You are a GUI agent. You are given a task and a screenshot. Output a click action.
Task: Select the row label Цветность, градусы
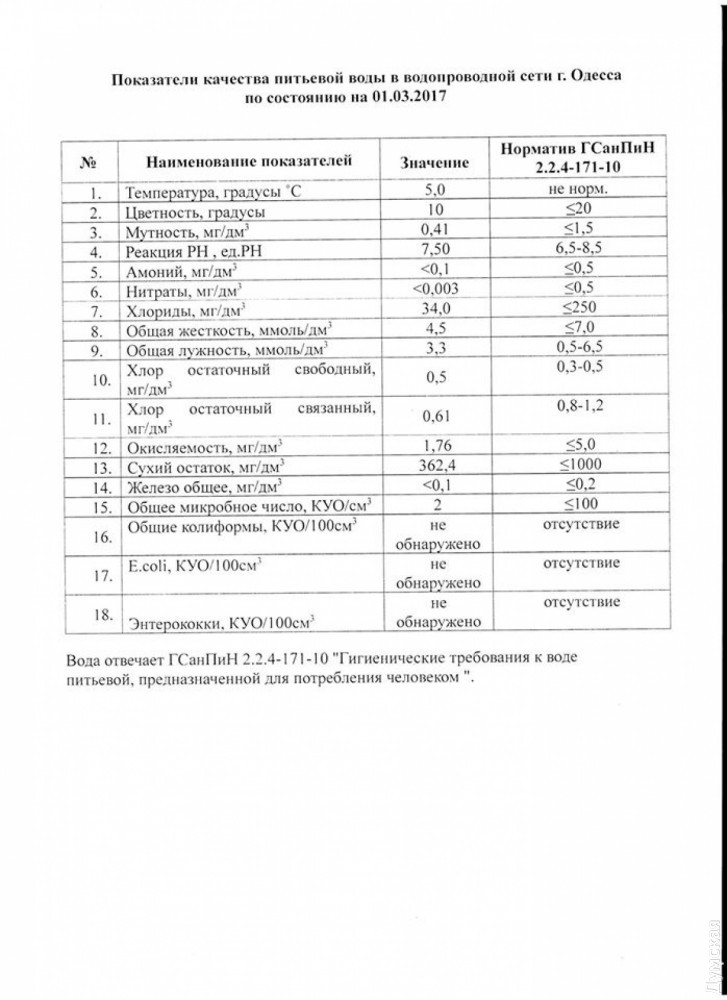(x=194, y=213)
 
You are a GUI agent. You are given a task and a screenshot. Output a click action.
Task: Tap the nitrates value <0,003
(x=434, y=290)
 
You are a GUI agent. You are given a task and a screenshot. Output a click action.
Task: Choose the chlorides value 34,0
(x=434, y=310)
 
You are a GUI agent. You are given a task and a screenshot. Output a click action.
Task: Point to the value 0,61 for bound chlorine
(x=434, y=416)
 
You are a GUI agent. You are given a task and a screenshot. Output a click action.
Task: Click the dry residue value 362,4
(x=434, y=465)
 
